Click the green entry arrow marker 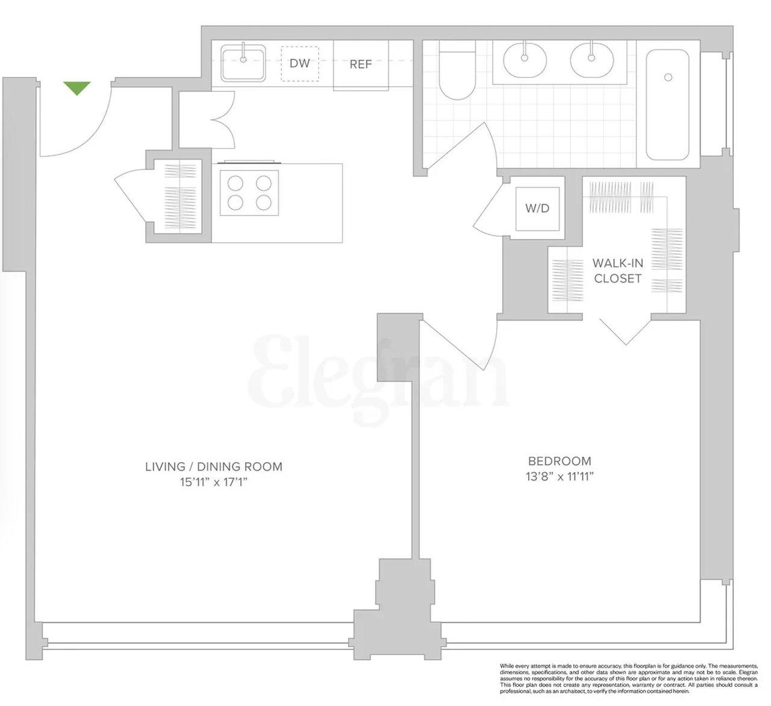(77, 88)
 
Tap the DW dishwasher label (300, 63)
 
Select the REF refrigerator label (361, 64)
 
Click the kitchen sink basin (243, 63)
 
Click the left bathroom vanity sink (525, 60)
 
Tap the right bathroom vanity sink (592, 60)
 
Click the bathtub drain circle (669, 77)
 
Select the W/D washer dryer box (537, 209)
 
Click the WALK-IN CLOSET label (617, 270)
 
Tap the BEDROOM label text (560, 461)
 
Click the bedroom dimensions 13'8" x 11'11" (560, 477)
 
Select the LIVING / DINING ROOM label (214, 467)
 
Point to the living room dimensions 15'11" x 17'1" (214, 482)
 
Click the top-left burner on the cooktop (236, 183)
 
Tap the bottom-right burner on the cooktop (264, 202)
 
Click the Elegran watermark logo (379, 380)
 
